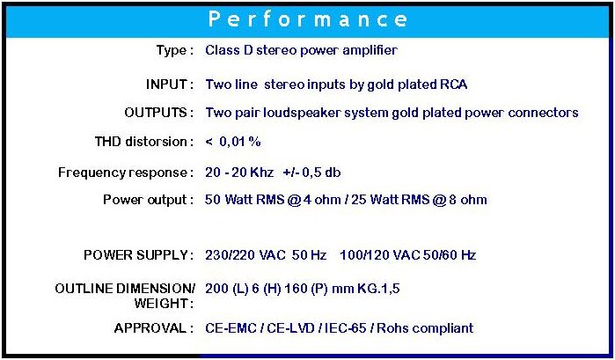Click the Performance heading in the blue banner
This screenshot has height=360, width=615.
[308, 19]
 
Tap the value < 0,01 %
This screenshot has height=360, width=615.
[233, 142]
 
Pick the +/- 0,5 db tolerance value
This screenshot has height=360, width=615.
[311, 173]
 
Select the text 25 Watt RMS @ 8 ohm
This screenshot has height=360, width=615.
[419, 200]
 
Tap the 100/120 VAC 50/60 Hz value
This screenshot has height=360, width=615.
[408, 255]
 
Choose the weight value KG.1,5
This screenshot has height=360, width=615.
[378, 289]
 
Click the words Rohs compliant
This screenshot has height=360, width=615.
[425, 328]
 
